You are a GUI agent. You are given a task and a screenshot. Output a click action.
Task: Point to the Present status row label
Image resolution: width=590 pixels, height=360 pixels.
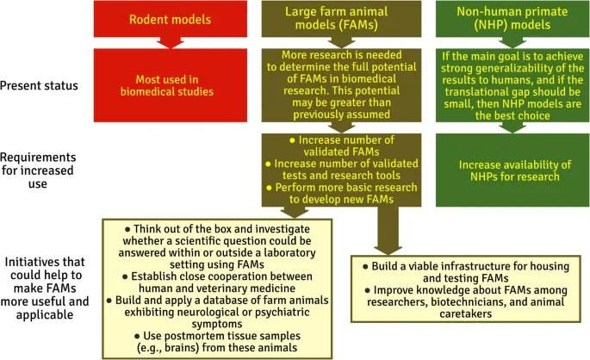click(x=40, y=86)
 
